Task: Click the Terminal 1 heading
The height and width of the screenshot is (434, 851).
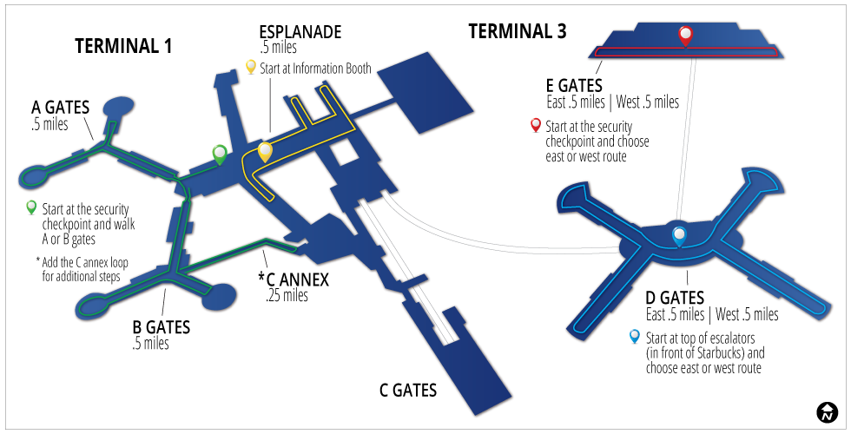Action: click(123, 47)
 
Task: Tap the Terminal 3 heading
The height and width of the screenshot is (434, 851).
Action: click(518, 32)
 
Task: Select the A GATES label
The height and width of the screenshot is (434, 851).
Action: click(61, 108)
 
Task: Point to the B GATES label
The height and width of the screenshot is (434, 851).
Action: click(161, 327)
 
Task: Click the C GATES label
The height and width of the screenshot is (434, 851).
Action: click(408, 391)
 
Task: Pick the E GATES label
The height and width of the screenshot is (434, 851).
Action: click(574, 86)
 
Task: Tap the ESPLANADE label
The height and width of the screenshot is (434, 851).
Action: click(300, 32)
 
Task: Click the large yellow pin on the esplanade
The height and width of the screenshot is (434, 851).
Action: click(265, 151)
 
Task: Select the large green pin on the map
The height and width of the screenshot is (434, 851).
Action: click(221, 154)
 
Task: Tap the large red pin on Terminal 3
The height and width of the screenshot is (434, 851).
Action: click(685, 36)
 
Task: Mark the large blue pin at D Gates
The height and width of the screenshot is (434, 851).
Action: click(679, 233)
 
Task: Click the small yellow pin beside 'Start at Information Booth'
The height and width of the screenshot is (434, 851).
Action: click(251, 67)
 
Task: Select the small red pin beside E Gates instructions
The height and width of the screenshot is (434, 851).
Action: click(536, 125)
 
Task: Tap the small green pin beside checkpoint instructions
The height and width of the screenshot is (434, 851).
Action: click(31, 207)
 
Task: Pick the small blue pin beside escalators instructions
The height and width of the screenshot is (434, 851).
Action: click(635, 337)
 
